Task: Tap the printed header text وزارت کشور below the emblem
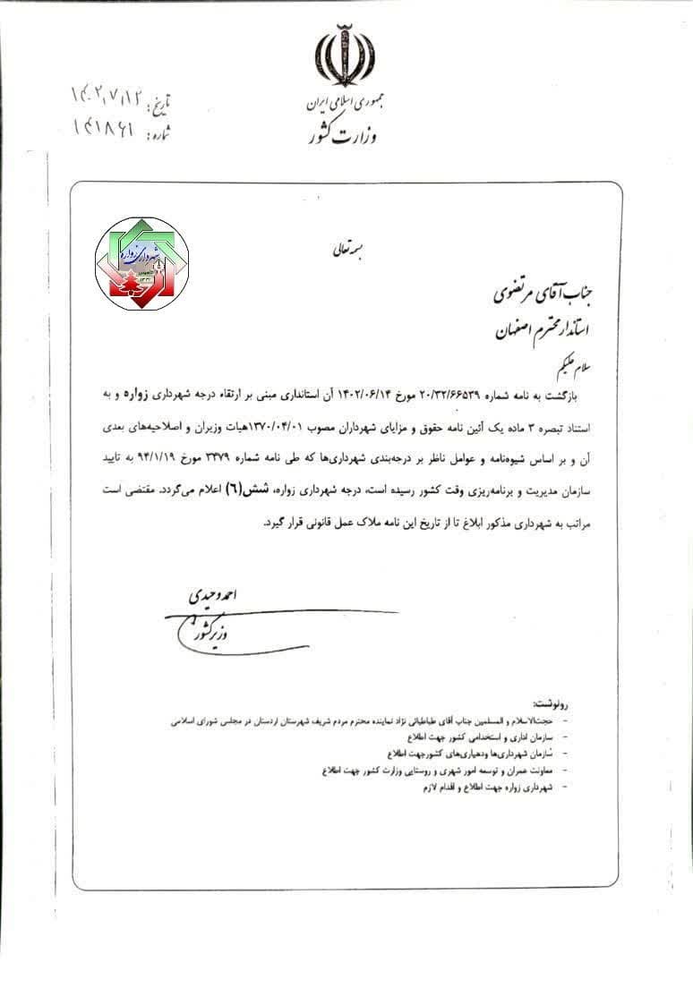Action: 339,135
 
